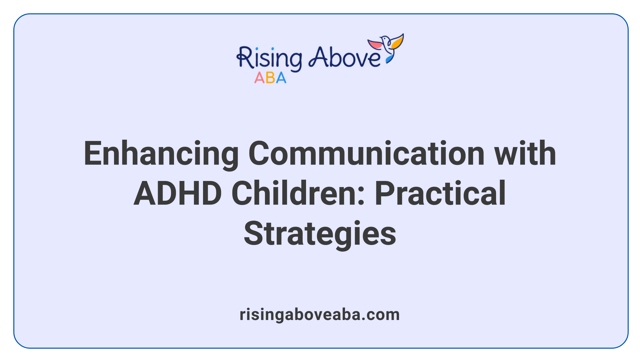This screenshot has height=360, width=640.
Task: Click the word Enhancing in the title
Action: (161, 154)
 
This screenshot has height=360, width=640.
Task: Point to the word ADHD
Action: (178, 194)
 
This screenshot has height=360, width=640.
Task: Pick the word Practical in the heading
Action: (440, 194)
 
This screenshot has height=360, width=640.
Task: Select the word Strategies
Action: (320, 234)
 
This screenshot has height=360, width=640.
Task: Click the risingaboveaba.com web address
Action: (320, 315)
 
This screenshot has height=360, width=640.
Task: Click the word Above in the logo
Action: (344, 57)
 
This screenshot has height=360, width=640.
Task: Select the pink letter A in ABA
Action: (259, 78)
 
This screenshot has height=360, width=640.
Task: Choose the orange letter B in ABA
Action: (270, 78)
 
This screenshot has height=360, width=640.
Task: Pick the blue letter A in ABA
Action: (281, 78)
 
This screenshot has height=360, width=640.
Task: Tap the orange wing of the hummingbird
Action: (397, 42)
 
